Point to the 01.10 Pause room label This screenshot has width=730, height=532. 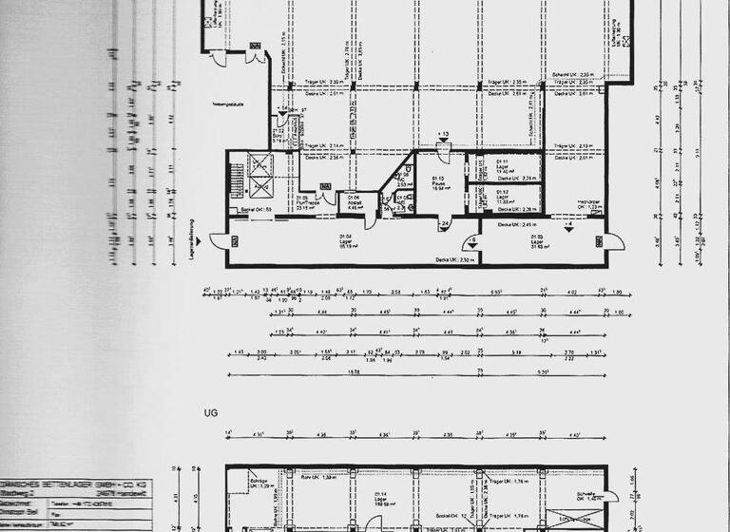[x=439, y=183]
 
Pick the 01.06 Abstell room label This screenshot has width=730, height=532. [x=352, y=201]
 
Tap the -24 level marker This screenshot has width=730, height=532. [x=444, y=226]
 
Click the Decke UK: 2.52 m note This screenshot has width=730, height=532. [x=454, y=258]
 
